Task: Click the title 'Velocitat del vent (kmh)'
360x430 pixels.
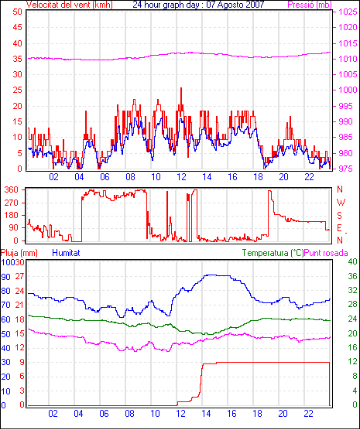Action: [x=69, y=5]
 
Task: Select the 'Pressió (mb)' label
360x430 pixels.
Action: [x=310, y=5]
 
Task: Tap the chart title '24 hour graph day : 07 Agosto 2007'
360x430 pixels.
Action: [x=198, y=5]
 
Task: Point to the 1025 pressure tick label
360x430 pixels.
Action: [x=348, y=12]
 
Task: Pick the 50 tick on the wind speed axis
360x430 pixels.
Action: [x=17, y=12]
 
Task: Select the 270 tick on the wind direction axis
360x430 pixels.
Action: [x=12, y=203]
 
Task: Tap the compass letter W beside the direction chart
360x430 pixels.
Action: [x=341, y=203]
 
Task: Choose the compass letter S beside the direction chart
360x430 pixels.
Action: [x=340, y=216]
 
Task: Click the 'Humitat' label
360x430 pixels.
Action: [x=66, y=253]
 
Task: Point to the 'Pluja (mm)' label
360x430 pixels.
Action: [x=19, y=253]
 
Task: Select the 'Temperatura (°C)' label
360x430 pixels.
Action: [x=273, y=253]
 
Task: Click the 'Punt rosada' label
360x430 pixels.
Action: [x=326, y=253]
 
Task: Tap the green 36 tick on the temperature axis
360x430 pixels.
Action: [x=352, y=276]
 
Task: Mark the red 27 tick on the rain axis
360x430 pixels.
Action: [x=19, y=276]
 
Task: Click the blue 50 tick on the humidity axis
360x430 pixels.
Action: [x=5, y=334]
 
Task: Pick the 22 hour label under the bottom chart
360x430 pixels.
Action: [x=308, y=413]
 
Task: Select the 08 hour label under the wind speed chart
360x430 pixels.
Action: [x=130, y=177]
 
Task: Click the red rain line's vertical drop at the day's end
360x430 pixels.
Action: [x=330, y=384]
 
